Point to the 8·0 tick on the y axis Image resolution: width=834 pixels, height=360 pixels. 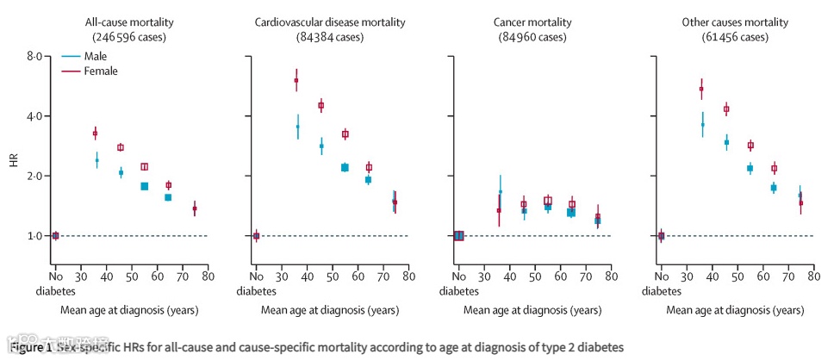(34, 56)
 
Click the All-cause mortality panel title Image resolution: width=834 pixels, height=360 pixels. (129, 22)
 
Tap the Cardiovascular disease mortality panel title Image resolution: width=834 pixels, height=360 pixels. (330, 22)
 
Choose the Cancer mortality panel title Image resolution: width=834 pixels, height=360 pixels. (532, 22)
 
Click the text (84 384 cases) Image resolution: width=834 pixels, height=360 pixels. (330, 37)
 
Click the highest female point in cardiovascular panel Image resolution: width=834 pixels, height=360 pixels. (296, 80)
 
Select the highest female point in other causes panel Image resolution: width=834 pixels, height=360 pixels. (701, 89)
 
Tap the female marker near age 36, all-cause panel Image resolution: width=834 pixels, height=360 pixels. (95, 133)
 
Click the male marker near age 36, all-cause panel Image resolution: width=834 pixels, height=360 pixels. (96, 160)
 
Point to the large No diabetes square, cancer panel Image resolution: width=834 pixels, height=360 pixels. (458, 235)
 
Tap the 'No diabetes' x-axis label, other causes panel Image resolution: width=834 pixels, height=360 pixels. (660, 283)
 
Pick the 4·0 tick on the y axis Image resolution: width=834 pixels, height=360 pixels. (34, 116)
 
